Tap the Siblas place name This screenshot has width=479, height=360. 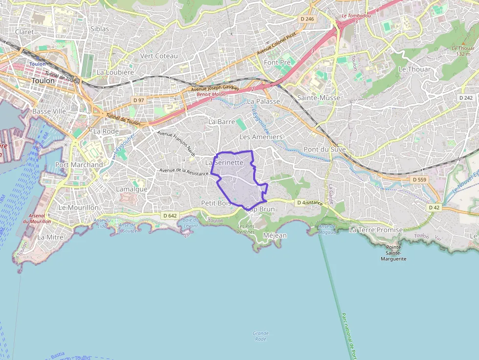click(100, 29)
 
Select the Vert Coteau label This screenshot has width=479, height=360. click(159, 56)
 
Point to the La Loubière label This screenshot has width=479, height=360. click(115, 72)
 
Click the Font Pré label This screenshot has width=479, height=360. click(277, 63)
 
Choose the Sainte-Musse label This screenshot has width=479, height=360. click(319, 98)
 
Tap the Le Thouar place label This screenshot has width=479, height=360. click(415, 69)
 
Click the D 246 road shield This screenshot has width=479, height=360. click(307, 19)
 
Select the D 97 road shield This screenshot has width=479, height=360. click(139, 100)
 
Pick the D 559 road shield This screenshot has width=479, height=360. click(420, 180)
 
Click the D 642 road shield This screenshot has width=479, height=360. click(170, 215)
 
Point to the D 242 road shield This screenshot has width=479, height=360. click(466, 98)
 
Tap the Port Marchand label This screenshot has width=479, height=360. click(79, 165)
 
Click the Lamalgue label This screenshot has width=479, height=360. click(131, 189)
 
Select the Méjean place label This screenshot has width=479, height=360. click(275, 235)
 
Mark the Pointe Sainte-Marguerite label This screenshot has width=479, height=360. click(393, 253)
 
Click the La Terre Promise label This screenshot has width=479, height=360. click(376, 230)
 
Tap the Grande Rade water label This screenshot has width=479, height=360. click(261, 336)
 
